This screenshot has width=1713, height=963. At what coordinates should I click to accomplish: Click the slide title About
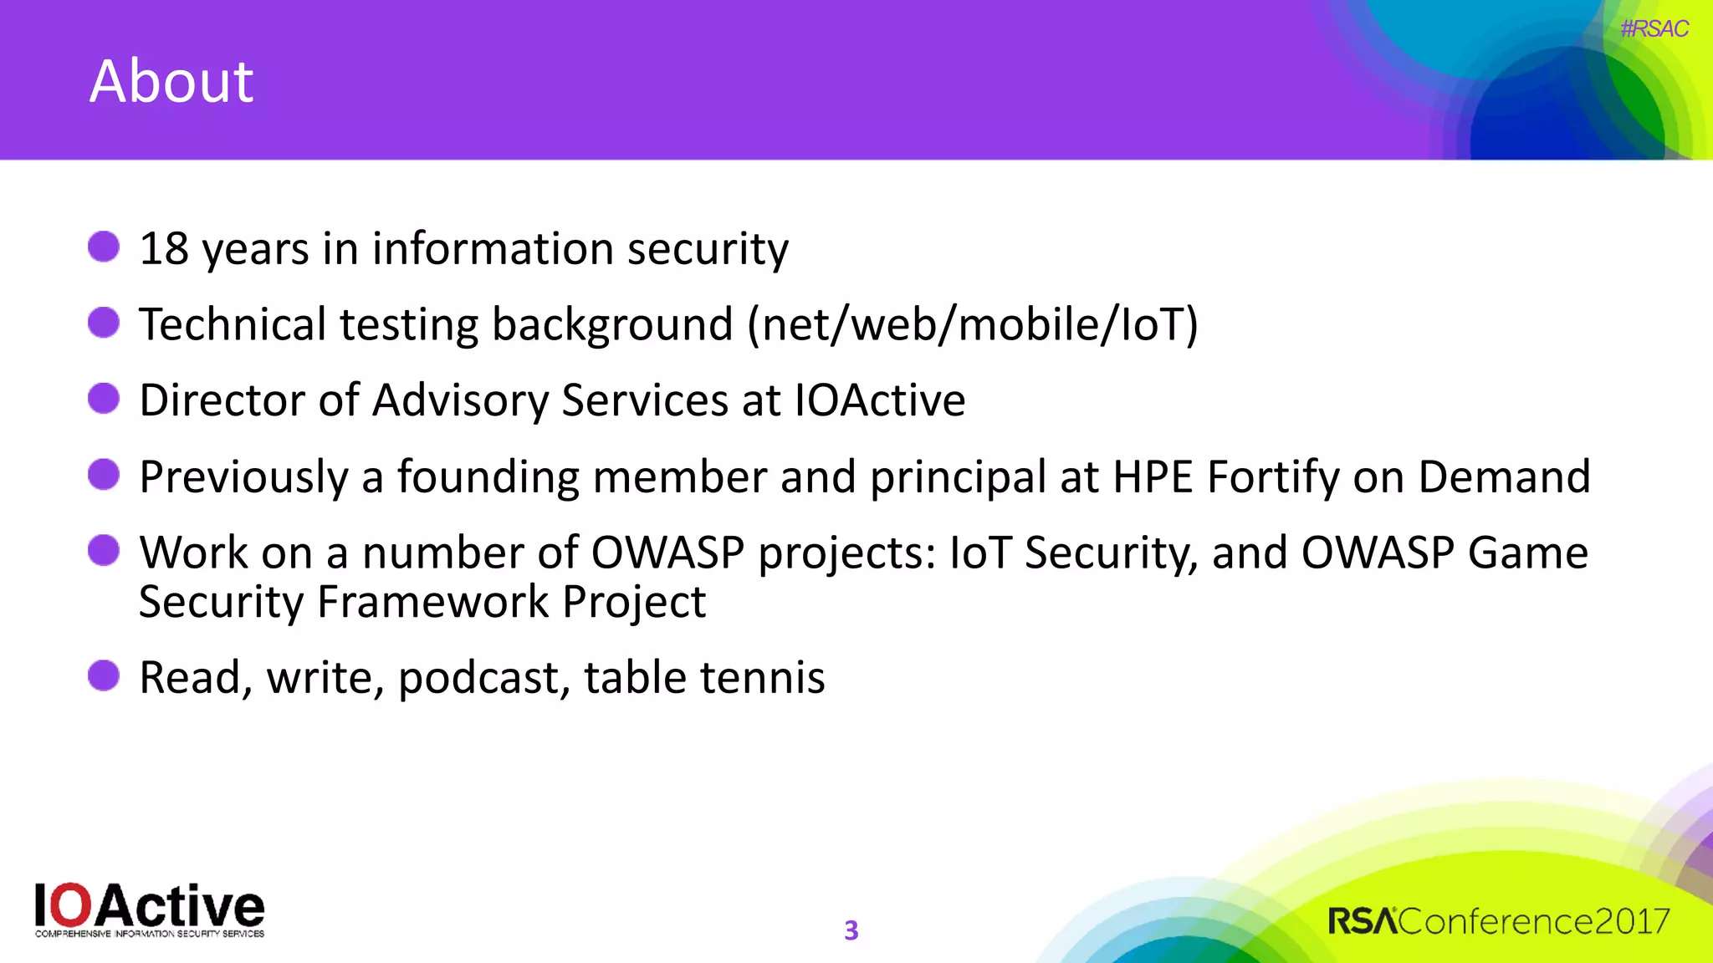[x=171, y=82]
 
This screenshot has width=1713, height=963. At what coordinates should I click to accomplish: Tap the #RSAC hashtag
[x=1654, y=29]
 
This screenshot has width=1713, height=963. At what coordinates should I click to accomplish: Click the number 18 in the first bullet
[x=164, y=249]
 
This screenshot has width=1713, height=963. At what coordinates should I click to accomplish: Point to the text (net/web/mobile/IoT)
[x=973, y=324]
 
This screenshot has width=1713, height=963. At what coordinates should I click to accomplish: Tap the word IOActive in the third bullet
[x=879, y=400]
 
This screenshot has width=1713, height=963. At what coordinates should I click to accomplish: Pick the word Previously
[x=243, y=477]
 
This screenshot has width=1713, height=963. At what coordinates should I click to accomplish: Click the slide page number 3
[x=851, y=930]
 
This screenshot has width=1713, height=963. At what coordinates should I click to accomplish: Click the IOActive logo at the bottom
[x=150, y=909]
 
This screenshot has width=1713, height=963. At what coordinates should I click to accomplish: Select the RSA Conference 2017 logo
[x=1498, y=921]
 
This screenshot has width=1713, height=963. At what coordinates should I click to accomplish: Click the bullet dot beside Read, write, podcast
[x=104, y=675]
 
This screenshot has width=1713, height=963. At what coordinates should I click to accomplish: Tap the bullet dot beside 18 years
[x=104, y=247]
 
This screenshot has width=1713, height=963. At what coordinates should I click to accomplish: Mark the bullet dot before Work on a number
[x=104, y=551]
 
